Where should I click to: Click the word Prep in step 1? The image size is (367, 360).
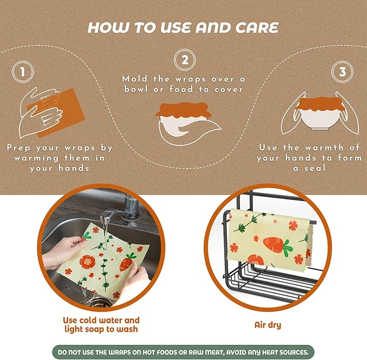[20, 147]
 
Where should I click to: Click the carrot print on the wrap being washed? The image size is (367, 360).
[127, 262]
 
